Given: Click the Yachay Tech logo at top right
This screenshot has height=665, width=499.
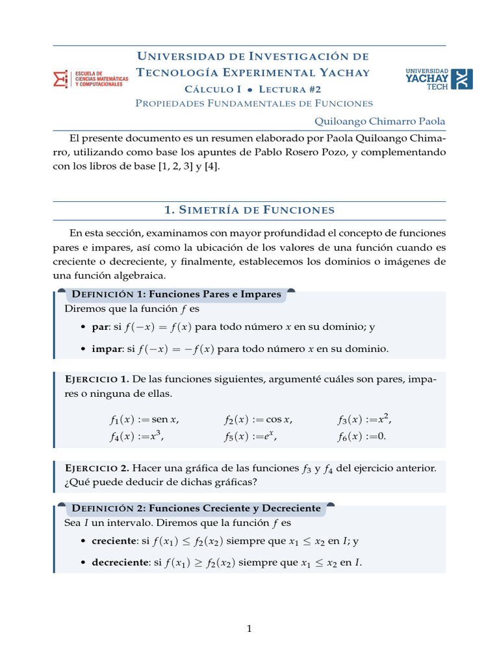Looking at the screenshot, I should [439, 79].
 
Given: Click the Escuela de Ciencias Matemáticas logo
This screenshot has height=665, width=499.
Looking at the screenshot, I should [90, 79].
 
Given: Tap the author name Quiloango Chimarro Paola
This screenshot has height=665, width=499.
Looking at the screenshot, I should [380, 121].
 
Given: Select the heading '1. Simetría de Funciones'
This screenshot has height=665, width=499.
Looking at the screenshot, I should [249, 210].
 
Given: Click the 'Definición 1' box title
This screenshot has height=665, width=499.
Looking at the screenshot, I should [177, 294].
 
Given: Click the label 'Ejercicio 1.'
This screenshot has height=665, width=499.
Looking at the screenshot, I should [98, 379].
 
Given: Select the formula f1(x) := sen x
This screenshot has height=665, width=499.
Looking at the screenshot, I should [144, 420].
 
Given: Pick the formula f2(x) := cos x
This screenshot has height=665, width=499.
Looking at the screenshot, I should [259, 420].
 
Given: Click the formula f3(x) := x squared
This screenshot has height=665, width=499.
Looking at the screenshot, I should [365, 419].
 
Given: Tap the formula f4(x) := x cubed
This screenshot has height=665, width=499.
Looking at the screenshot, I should [136, 436].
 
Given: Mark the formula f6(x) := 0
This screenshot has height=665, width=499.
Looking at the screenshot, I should [361, 436].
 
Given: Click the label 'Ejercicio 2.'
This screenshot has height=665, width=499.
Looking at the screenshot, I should [98, 468].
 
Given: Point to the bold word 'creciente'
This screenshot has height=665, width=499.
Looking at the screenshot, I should [114, 540].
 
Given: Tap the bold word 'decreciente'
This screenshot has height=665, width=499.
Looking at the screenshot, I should [120, 562].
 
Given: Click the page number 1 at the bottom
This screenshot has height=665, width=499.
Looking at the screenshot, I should [249, 628].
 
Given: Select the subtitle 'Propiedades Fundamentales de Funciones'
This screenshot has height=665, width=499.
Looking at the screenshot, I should [253, 103].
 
